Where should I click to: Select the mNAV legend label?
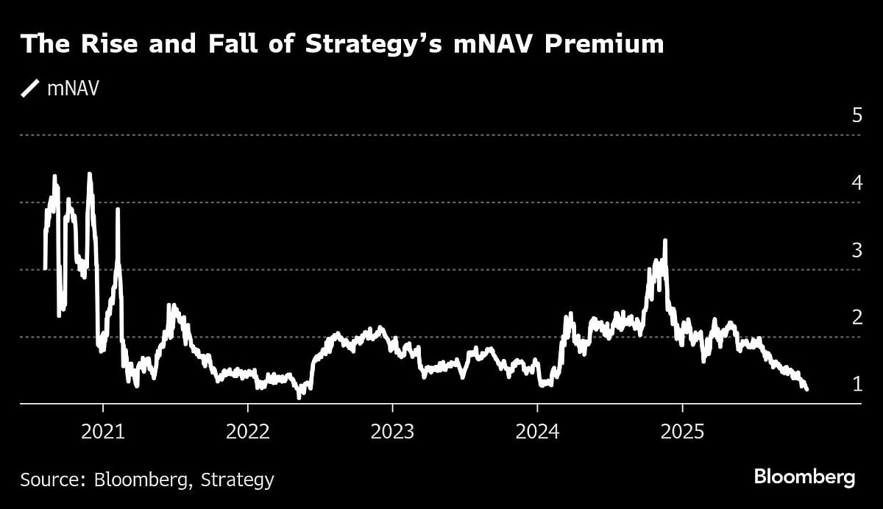pos(73,89)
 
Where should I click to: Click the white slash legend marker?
pos(30,89)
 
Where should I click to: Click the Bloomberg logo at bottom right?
pos(804,477)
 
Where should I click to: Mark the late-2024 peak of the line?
pos(665,241)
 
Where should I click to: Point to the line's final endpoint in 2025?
pos(807,389)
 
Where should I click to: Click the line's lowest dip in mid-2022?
pos(299,397)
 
